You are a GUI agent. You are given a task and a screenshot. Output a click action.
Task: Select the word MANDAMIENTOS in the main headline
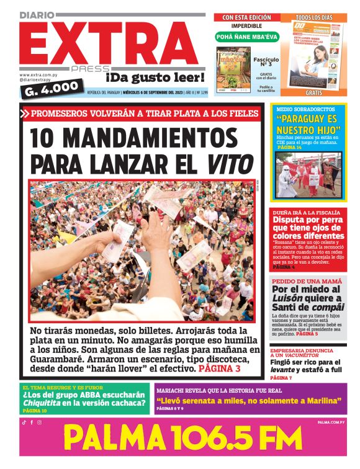[133, 138]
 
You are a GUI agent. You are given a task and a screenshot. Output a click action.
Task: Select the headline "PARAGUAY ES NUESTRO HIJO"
[308, 127]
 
